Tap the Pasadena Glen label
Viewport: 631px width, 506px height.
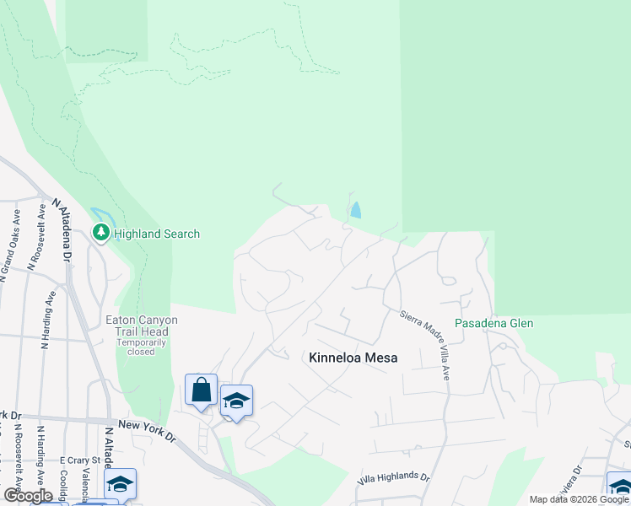pyautogui.click(x=493, y=323)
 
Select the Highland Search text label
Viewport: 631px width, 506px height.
pyautogui.click(x=157, y=234)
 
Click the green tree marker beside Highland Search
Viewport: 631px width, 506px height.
pyautogui.click(x=102, y=232)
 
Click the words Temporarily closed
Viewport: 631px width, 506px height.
pyautogui.click(x=142, y=347)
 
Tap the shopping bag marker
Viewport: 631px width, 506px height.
pyautogui.click(x=201, y=390)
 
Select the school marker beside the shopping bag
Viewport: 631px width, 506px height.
pyautogui.click(x=236, y=401)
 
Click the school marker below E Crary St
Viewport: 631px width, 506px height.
pyautogui.click(x=121, y=484)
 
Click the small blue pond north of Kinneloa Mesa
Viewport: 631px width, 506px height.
pyautogui.click(x=356, y=210)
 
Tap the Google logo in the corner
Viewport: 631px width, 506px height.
pyautogui.click(x=27, y=495)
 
